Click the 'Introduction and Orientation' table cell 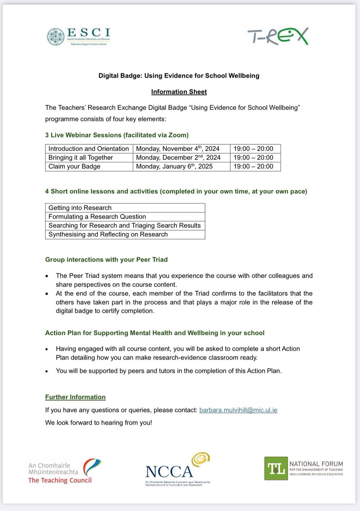click(89, 149)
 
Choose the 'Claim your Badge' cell click(74, 167)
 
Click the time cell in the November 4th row click(255, 149)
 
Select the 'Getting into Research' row click(80, 208)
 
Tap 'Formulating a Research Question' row click(97, 217)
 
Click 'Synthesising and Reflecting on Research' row click(108, 234)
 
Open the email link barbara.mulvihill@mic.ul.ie click(238, 410)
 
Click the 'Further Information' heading click(75, 397)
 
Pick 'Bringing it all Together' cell click(80, 158)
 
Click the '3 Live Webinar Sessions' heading click(117, 135)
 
